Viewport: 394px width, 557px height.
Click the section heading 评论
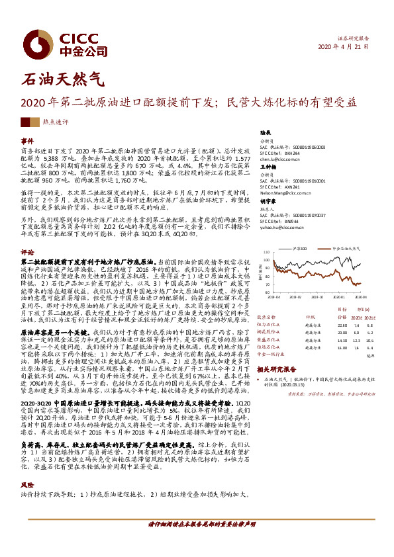(27, 252)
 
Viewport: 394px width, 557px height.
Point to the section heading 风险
(27, 485)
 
